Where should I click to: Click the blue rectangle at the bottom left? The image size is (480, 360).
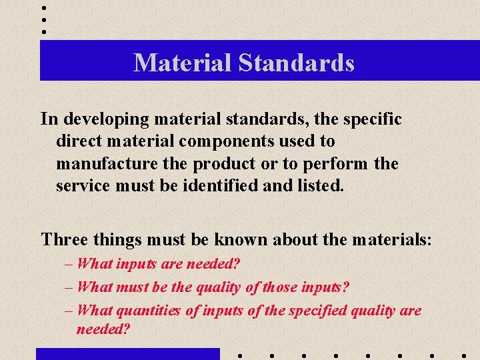point(127,353)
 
